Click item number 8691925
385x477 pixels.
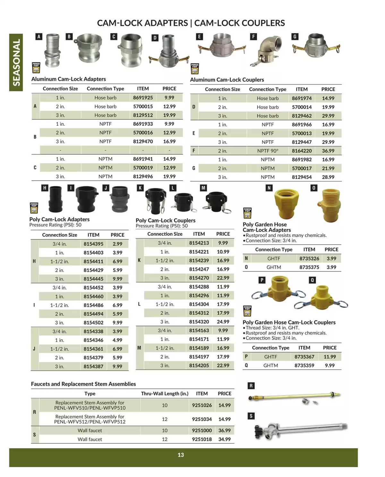[143, 98]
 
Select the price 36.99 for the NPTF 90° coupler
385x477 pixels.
[328, 151]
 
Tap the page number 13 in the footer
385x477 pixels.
[181, 455]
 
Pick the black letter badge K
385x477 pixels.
[140, 188]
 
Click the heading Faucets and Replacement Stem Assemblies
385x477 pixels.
[83, 384]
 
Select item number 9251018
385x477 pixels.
[202, 439]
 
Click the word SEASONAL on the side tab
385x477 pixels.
[16, 62]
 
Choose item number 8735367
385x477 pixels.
[304, 357]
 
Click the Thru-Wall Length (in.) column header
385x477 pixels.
[165, 394]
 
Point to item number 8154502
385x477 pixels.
[93, 323]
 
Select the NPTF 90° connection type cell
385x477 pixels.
[268, 151]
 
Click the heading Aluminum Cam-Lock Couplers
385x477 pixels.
[227, 80]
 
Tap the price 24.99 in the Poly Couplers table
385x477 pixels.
[223, 322]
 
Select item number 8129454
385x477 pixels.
[302, 177]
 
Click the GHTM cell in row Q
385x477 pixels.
[270, 365]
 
